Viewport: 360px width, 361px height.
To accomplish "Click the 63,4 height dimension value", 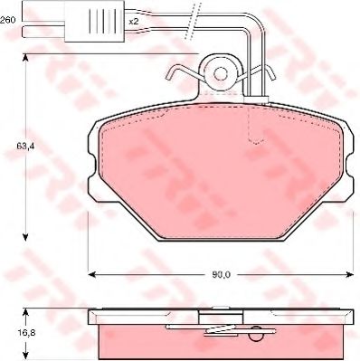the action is (x=24, y=147).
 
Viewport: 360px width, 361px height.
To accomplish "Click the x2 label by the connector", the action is (x=133, y=22).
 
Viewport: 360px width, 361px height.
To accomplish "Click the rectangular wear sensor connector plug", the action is (x=95, y=21).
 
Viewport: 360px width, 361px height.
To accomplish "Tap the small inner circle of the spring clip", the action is (x=221, y=72).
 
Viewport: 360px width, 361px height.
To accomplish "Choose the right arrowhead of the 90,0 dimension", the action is (x=349, y=274).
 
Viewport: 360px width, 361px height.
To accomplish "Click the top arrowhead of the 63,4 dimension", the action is (x=25, y=59).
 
